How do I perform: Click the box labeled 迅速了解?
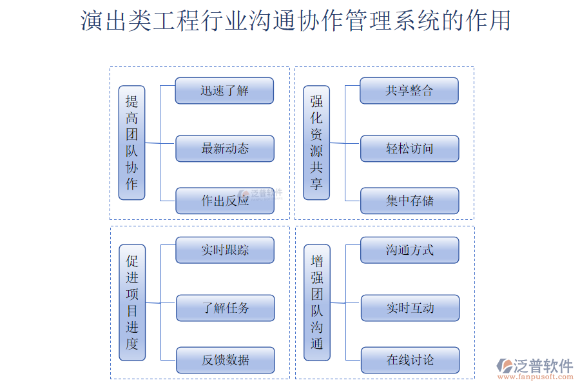click(224, 91)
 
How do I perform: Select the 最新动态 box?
click(224, 148)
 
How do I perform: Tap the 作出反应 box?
click(224, 201)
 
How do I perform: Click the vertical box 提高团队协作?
click(131, 143)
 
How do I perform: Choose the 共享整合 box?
click(409, 91)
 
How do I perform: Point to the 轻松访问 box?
click(409, 148)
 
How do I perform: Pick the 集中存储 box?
click(409, 201)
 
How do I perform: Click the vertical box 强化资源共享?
click(316, 143)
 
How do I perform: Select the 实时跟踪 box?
click(225, 250)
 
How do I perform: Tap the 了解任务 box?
click(225, 308)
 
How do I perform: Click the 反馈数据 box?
click(225, 360)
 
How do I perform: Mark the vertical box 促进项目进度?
click(132, 302)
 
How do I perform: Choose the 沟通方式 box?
click(410, 250)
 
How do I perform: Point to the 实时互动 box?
click(410, 308)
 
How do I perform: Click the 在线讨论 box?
click(410, 360)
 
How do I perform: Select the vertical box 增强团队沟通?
click(317, 302)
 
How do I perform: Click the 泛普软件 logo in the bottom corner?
click(535, 366)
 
